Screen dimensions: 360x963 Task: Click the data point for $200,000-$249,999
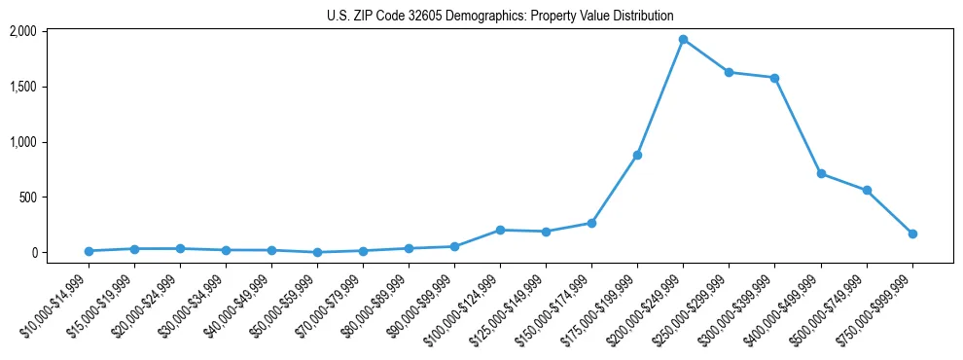click(683, 40)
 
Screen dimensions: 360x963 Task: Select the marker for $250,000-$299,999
click(729, 72)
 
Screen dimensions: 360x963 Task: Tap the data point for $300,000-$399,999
click(774, 78)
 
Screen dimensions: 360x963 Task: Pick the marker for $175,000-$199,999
click(637, 155)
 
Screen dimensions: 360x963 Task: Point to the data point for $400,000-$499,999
click(821, 173)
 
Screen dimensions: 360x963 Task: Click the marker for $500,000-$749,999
click(867, 190)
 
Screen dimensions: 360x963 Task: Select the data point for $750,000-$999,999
click(912, 234)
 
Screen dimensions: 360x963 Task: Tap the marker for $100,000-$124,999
click(500, 230)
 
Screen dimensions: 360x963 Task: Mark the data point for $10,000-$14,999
click(89, 251)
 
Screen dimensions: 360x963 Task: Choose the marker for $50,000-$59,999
click(317, 252)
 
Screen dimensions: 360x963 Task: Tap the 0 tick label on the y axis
click(33, 253)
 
